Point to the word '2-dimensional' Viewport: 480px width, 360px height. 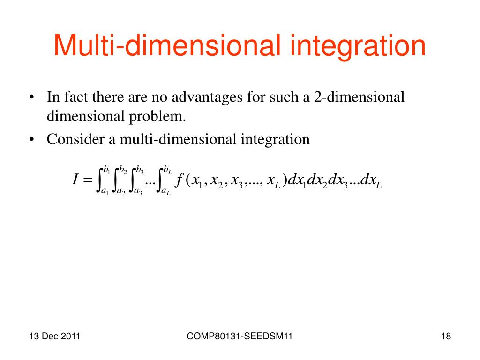360,97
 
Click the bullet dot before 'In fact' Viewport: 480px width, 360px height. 31,98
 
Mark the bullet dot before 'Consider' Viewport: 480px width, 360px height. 31,140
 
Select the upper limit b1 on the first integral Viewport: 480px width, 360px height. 107,170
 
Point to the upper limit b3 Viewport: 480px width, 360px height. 140,170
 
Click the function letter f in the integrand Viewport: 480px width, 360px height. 179,180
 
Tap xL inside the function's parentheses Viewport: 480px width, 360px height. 273,181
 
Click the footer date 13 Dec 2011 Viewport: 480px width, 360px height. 54,336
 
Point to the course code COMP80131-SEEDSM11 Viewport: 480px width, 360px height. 240,336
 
